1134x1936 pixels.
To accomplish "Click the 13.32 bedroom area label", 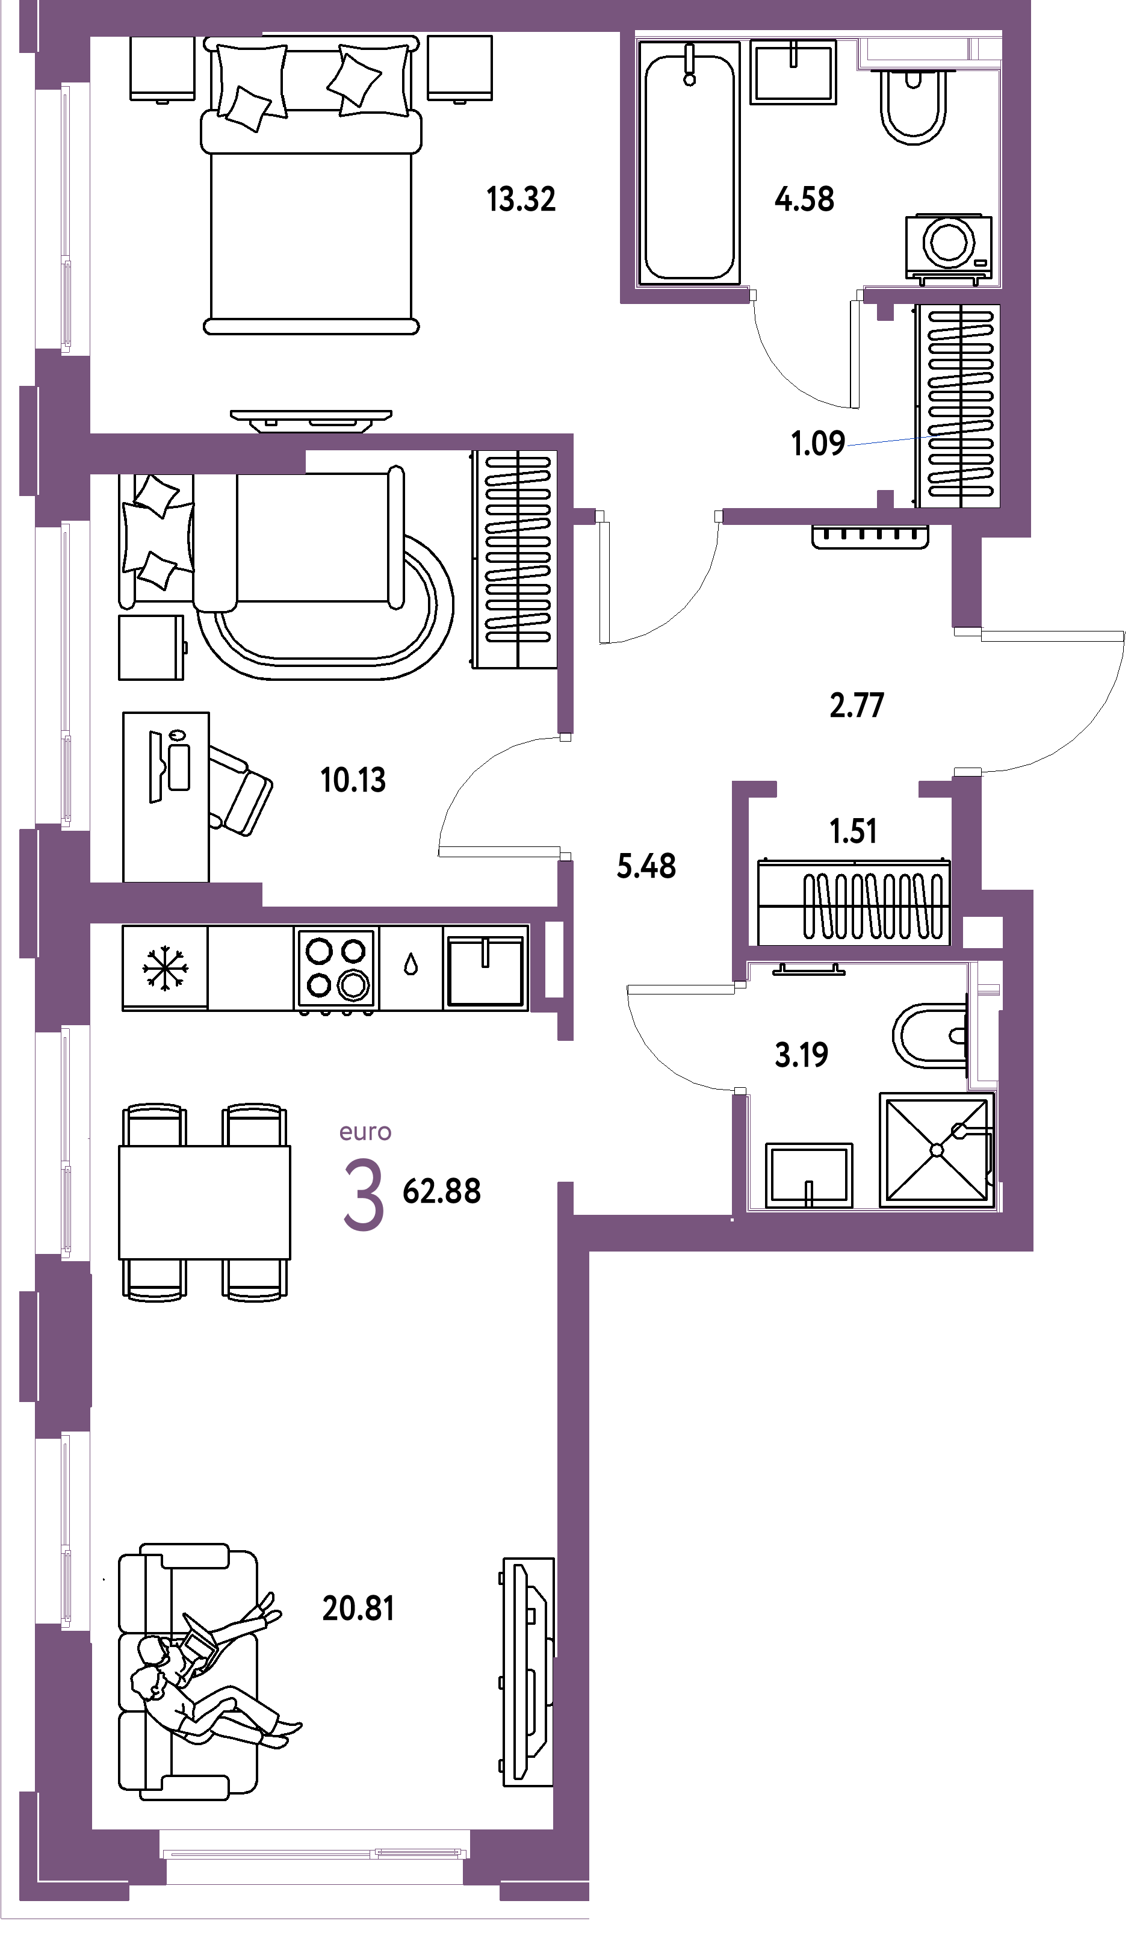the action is (x=521, y=200).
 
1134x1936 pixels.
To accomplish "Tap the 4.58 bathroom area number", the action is (x=804, y=200).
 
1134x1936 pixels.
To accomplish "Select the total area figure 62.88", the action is (x=442, y=1191).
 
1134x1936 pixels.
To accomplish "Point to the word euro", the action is (x=366, y=1132).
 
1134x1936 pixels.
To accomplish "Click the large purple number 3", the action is (x=364, y=1196).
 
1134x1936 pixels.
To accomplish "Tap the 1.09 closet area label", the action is (x=818, y=444).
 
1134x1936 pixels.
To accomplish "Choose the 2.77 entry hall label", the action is (x=857, y=706).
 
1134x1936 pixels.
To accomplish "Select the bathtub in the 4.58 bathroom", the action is (x=689, y=163).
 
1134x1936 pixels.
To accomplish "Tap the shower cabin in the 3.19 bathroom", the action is (x=937, y=1150).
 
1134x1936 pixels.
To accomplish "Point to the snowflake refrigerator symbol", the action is (x=165, y=968).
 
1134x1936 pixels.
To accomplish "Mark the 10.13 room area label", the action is (x=353, y=781).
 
